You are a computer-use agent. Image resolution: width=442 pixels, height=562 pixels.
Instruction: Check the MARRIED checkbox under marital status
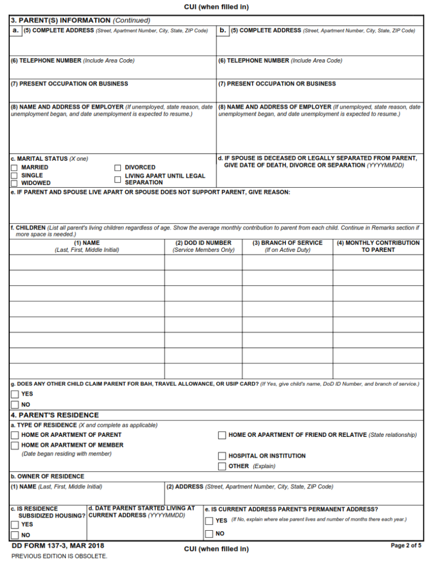click(14, 167)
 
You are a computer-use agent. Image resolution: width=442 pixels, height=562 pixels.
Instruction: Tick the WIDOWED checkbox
click(14, 183)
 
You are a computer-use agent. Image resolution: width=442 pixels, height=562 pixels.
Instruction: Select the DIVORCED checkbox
click(118, 167)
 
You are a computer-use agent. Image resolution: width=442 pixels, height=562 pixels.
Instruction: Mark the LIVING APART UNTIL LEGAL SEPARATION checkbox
click(118, 179)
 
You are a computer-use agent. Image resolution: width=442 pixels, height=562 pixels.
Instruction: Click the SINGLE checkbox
click(14, 176)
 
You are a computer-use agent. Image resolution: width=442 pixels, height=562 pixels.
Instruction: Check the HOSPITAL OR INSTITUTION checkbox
click(222, 456)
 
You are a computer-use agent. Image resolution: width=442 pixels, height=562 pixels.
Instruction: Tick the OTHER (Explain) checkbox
click(222, 467)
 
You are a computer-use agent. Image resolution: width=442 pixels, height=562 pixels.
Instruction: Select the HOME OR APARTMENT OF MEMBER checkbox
click(15, 445)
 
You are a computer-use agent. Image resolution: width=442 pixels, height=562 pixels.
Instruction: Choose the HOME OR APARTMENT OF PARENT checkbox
click(15, 435)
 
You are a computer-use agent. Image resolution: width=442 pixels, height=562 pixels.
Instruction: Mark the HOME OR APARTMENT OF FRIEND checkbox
click(222, 435)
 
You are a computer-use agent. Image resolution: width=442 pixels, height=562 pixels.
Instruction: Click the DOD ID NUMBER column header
click(203, 246)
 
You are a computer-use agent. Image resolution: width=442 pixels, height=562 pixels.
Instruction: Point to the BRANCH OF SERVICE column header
click(287, 246)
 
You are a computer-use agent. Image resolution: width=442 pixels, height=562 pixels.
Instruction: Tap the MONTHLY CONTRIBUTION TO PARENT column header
click(378, 246)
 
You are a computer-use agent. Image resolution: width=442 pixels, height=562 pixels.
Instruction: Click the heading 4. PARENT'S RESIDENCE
click(55, 415)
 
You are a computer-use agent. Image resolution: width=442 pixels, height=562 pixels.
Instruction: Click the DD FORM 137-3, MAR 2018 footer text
click(58, 546)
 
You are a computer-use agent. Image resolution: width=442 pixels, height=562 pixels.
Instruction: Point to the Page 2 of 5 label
click(406, 546)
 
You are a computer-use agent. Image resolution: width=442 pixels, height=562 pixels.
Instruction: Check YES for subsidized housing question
click(15, 525)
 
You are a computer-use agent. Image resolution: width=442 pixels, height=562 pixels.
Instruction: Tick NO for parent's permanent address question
click(209, 534)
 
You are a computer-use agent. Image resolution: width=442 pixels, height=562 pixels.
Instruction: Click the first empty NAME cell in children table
click(87, 262)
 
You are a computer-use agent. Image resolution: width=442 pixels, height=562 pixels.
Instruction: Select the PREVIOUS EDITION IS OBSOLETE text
click(59, 556)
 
